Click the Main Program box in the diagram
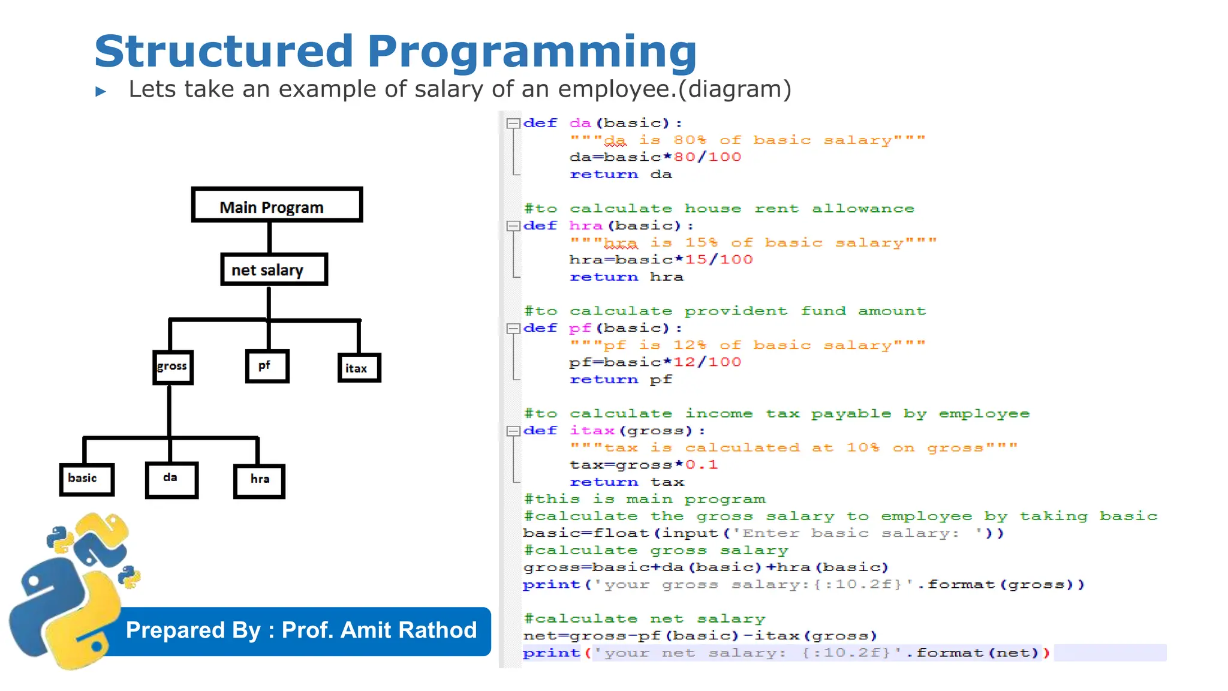click(277, 205)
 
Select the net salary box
click(274, 270)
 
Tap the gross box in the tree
click(173, 366)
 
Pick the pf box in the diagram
click(267, 366)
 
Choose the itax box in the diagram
click(359, 368)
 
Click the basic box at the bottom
click(86, 479)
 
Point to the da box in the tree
click(171, 479)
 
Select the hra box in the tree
click(259, 480)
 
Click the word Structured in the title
click(224, 52)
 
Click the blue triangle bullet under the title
click(101, 92)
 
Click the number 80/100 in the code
click(708, 157)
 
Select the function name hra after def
click(585, 226)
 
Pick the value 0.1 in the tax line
click(702, 465)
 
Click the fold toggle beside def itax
click(513, 431)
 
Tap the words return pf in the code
click(621, 380)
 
